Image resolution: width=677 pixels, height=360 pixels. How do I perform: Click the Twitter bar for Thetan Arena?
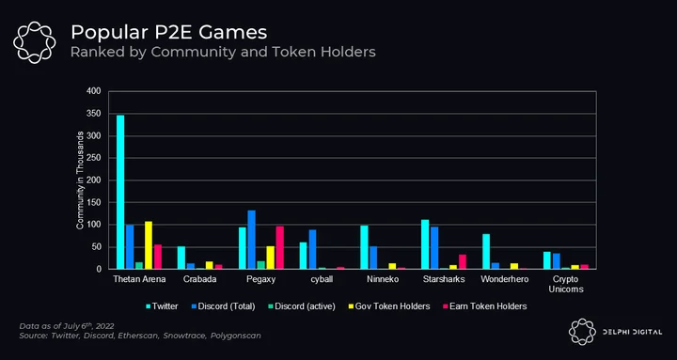click(120, 192)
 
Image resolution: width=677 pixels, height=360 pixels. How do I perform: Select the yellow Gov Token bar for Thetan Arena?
click(149, 245)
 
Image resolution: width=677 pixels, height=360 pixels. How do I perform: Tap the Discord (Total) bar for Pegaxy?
click(251, 240)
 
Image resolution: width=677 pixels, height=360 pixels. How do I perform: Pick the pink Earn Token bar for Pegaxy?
click(280, 248)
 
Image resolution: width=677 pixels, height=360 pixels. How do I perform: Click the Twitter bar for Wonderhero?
click(486, 252)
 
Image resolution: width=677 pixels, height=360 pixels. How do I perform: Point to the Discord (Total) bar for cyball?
click(312, 249)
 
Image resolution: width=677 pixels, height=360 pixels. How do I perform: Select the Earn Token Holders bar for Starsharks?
click(463, 261)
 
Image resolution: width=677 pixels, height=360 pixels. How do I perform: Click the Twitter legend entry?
click(162, 306)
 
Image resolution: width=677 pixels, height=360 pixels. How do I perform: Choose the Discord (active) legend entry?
click(302, 306)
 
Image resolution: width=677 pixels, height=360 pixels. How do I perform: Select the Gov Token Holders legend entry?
click(388, 306)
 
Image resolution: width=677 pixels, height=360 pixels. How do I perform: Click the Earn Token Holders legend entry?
click(485, 306)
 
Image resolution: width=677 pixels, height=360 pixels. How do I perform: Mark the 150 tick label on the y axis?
click(94, 202)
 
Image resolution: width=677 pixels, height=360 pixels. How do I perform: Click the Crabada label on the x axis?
click(200, 279)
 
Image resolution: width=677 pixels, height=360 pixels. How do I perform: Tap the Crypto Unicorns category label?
click(566, 284)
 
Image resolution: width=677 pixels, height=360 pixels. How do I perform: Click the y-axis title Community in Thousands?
click(80, 180)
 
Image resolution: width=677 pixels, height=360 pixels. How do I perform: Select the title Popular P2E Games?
click(169, 32)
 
